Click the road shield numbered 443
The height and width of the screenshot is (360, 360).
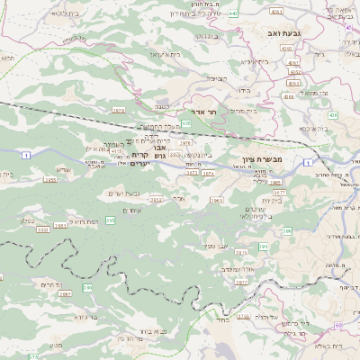233,13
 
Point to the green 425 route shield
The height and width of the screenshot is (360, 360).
186,123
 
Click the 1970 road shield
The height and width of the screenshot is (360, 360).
119,110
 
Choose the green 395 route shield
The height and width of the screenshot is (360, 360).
110,220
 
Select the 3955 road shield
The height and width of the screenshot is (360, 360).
49,180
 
